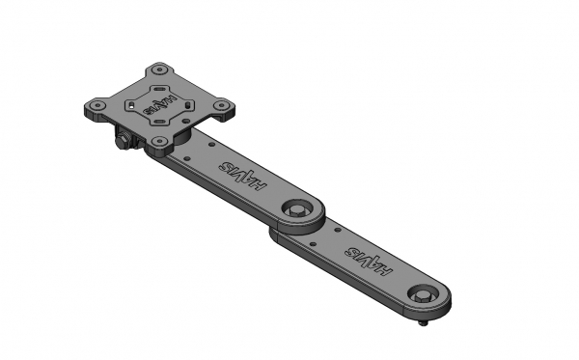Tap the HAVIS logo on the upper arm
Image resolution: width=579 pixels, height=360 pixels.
242,176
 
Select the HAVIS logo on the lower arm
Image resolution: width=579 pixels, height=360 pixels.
369,261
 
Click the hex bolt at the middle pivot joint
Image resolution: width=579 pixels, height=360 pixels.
297,210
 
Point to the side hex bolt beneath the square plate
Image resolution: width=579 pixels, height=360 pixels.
122,143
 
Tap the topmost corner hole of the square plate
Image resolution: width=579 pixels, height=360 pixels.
159,69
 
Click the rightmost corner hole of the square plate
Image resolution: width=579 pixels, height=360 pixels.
221,105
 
